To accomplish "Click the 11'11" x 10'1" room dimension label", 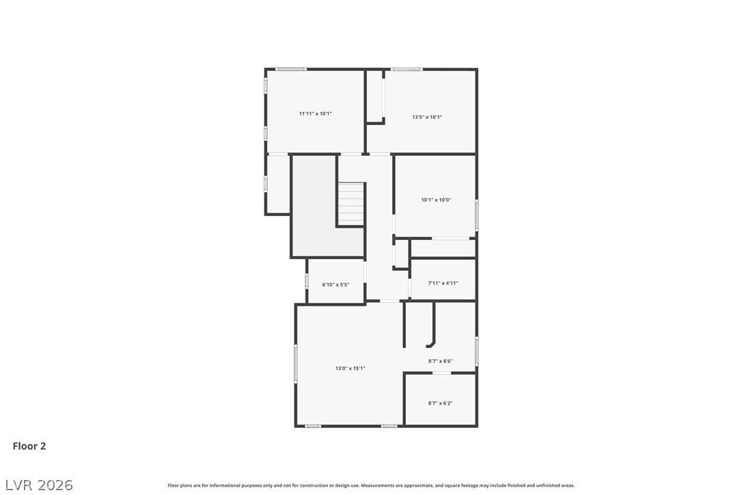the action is coord(315,113).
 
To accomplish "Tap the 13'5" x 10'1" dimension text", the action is coord(427,117).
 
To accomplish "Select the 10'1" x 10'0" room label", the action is coord(436,200).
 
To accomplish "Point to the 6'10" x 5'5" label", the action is coord(335,284).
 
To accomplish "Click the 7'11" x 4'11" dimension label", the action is coord(443,283).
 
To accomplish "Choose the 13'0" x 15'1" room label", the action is coord(351,368).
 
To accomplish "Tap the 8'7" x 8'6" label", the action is coord(441,361).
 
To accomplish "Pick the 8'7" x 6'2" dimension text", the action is coord(440,403).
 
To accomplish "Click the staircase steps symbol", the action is coord(351,204).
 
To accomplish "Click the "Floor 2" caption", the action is coord(29,446).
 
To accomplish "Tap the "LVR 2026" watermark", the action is coord(39,485).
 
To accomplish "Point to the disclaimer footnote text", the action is coord(371,485).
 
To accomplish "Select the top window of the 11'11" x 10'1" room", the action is coord(291,69).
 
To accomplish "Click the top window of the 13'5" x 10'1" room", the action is coord(407,69).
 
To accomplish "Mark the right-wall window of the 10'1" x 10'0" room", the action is coord(476,215).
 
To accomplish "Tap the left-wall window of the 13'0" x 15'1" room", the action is coord(296,363).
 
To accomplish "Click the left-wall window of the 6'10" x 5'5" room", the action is coord(307,280).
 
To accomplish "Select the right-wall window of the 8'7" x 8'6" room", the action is coord(476,351).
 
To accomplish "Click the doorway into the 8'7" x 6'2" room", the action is coord(442,373).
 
